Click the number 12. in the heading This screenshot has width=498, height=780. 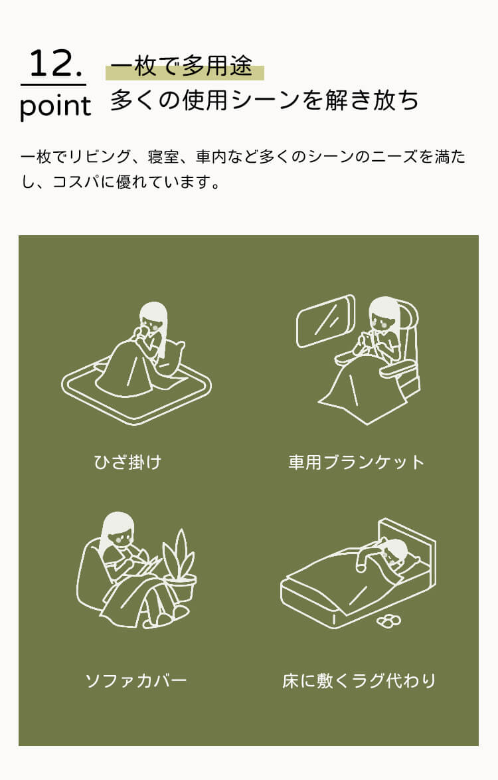(x=55, y=63)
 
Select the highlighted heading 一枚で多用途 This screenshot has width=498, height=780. (x=181, y=66)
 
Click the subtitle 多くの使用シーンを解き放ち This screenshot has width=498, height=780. (x=264, y=100)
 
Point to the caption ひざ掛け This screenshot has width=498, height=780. (x=127, y=462)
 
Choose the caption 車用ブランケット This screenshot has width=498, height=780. (x=357, y=462)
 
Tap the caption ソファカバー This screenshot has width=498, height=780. (x=135, y=680)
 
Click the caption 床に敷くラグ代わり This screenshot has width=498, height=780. (x=359, y=680)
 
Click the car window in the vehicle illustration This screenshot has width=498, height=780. (x=325, y=321)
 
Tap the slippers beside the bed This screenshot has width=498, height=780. (x=388, y=620)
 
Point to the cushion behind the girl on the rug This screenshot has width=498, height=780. (x=171, y=358)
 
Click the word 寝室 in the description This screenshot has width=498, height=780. (x=163, y=157)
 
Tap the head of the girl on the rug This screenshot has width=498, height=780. (x=153, y=319)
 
